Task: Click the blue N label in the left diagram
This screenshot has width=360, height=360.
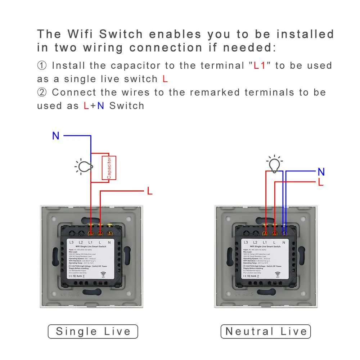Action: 56,136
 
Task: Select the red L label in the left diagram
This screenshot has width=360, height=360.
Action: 150,191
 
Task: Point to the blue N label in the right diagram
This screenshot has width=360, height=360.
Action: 321,172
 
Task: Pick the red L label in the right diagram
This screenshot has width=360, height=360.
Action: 321,183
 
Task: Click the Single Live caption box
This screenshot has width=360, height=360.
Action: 93,332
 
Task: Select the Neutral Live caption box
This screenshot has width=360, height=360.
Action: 266,332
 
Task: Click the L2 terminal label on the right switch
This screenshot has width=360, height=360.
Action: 255,243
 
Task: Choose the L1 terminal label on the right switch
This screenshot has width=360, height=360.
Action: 265,243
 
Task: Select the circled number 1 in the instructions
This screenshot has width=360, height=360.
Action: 42,66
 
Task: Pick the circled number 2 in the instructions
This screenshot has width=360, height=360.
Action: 42,92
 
